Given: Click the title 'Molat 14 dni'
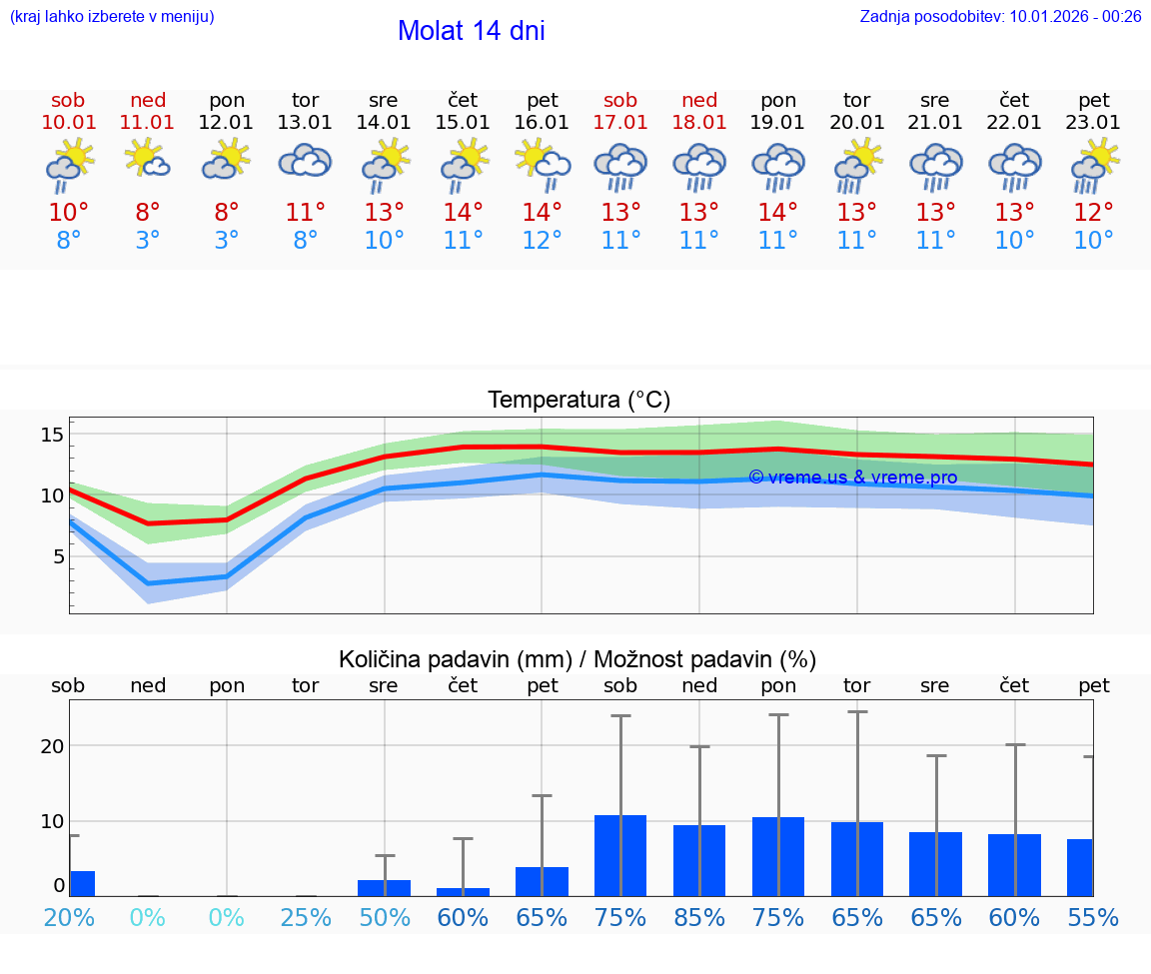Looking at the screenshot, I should tap(471, 31).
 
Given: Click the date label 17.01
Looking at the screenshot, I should tap(620, 123).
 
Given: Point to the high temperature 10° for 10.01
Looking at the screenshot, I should tap(68, 213).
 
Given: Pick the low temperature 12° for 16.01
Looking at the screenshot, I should tap(542, 241).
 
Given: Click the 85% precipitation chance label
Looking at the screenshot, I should tap(699, 917).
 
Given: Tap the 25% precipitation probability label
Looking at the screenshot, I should tap(305, 917).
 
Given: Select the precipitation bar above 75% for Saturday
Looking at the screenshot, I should tap(620, 855).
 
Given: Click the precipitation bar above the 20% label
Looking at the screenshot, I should tap(82, 883).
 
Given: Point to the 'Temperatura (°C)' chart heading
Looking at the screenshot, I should tap(578, 401).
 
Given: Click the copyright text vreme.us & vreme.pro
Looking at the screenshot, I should tap(852, 478).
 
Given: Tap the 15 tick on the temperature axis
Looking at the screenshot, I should tap(53, 435).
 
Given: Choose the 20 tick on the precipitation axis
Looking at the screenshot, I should tap(53, 746).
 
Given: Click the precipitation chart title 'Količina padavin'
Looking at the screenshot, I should tap(577, 659).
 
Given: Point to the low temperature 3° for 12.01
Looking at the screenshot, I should tap(227, 241).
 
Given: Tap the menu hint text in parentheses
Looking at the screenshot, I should tap(112, 16).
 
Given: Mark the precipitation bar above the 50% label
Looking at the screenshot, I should tap(385, 887).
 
